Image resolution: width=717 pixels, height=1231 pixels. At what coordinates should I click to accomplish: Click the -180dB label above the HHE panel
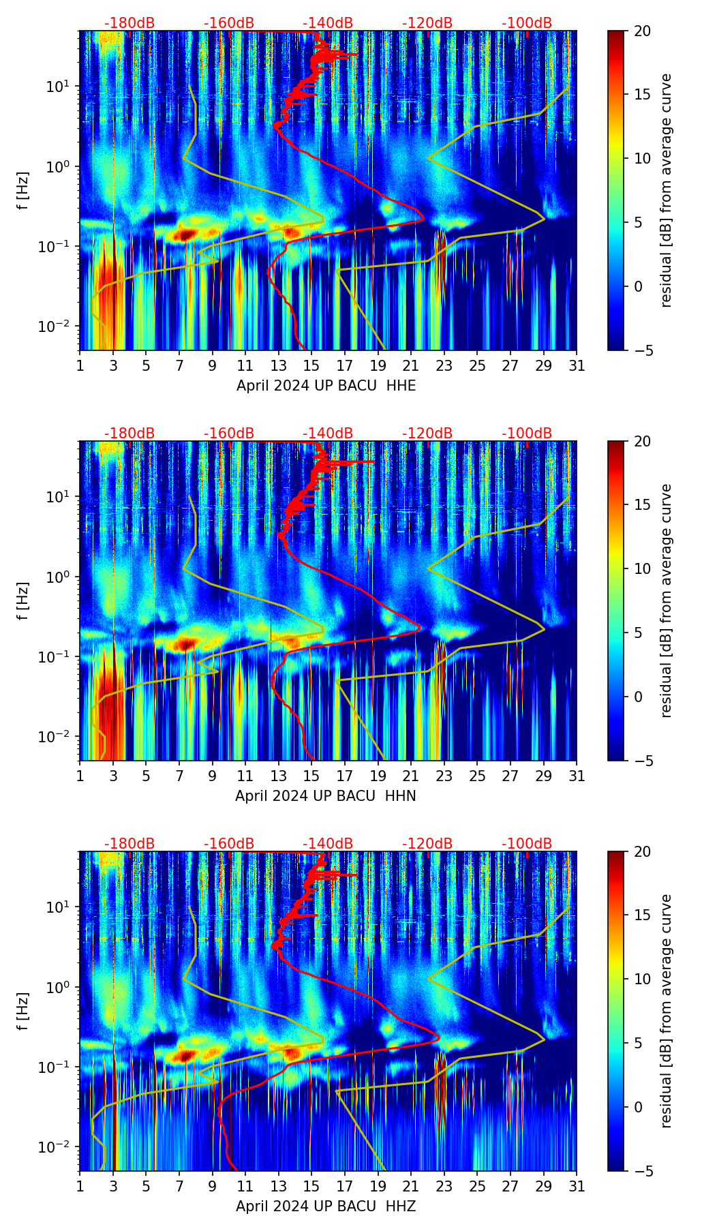click(x=129, y=23)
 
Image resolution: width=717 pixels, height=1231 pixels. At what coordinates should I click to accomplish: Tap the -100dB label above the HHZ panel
click(x=527, y=844)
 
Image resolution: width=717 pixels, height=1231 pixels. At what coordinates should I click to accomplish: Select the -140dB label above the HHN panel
click(x=328, y=434)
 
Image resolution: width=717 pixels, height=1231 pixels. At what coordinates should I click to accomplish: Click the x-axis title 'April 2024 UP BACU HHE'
click(x=326, y=386)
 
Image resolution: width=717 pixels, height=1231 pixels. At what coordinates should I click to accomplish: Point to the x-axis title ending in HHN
click(x=326, y=796)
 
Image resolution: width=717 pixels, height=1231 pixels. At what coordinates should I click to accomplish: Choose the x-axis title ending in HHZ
click(x=326, y=1206)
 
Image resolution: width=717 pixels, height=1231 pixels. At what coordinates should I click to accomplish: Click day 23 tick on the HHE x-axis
click(x=444, y=366)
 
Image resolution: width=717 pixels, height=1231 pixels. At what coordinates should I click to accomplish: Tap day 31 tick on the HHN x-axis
click(x=577, y=776)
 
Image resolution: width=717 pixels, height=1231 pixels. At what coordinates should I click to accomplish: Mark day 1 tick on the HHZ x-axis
click(x=80, y=1187)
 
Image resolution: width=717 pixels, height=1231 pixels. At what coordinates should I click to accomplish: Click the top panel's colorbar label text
click(x=666, y=190)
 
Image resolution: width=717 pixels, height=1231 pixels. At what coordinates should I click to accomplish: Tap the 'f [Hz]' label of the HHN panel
click(x=24, y=601)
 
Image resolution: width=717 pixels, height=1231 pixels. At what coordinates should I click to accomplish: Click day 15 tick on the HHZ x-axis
click(x=311, y=1187)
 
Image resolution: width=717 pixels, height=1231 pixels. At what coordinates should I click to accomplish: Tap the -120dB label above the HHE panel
click(x=427, y=23)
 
